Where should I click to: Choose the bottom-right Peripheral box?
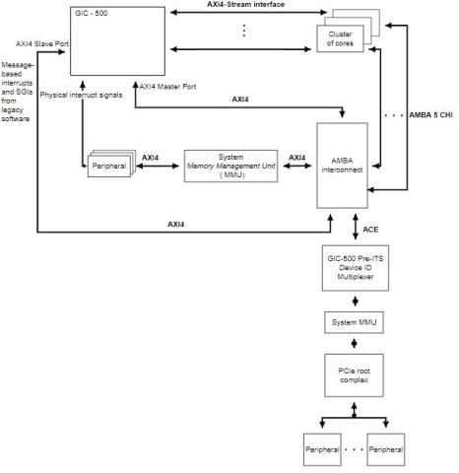[x=386, y=449]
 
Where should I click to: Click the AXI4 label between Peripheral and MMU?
[x=152, y=156]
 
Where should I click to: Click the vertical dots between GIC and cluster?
[x=243, y=31]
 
